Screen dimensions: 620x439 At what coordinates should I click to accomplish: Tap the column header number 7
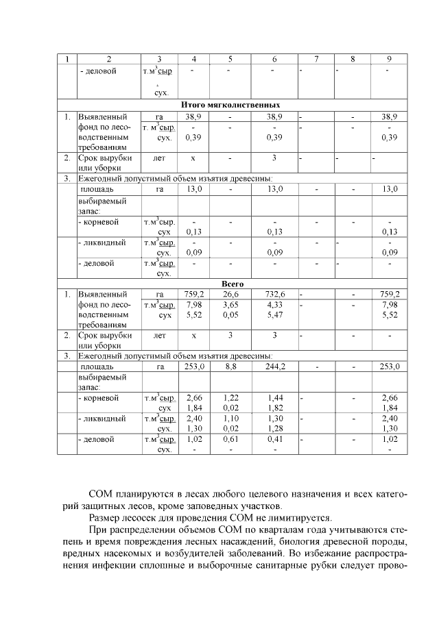tap(316, 58)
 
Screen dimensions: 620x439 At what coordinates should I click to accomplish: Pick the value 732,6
tap(274, 295)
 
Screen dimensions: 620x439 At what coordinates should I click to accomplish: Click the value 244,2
tap(274, 367)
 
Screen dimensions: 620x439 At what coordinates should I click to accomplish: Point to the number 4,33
tap(274, 305)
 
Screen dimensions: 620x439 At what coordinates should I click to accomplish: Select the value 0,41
tap(274, 438)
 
